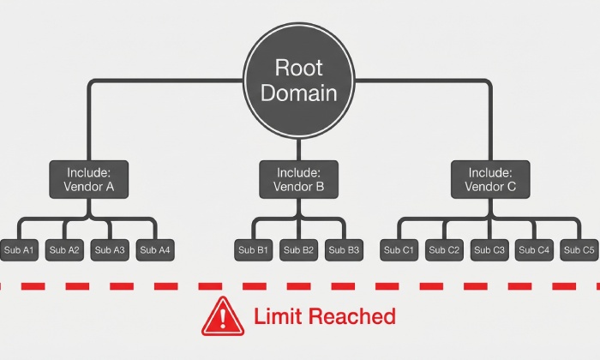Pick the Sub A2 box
click(x=64, y=250)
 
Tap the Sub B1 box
click(x=253, y=250)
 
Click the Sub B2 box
click(x=299, y=250)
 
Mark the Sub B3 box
click(x=344, y=250)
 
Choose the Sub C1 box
click(x=399, y=250)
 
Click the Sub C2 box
click(x=444, y=250)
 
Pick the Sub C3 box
click(x=489, y=250)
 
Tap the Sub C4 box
click(x=534, y=250)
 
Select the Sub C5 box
click(x=579, y=250)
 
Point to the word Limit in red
click(x=278, y=315)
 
